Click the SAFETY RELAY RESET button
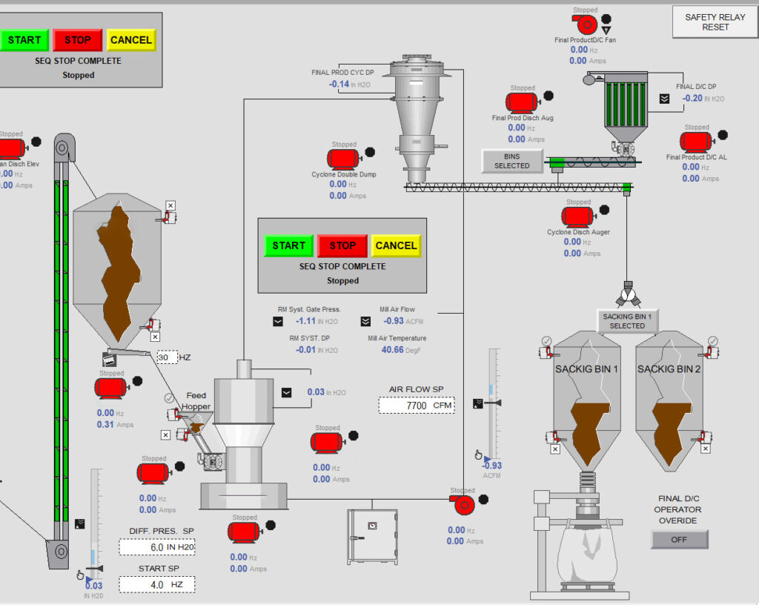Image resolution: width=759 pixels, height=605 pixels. (715, 22)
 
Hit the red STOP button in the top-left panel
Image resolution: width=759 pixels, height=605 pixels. (77, 40)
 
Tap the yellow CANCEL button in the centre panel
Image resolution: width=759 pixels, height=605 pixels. (396, 245)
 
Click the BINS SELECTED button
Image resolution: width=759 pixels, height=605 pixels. (511, 161)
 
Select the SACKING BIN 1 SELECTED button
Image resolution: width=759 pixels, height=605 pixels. (627, 321)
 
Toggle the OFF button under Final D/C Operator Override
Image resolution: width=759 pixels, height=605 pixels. (679, 540)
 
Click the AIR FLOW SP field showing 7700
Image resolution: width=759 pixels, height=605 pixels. (416, 406)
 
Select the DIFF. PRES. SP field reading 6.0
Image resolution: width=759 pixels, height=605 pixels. (156, 547)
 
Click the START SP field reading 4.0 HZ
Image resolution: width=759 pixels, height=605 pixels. (156, 584)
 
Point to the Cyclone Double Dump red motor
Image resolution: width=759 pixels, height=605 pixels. (344, 158)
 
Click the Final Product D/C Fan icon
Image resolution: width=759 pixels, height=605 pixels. (585, 24)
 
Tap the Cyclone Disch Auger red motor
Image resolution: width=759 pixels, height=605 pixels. (575, 216)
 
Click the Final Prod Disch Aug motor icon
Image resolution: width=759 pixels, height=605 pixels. (521, 102)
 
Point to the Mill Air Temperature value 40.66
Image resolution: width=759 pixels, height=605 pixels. (393, 349)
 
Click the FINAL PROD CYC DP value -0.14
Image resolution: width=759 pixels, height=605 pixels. (339, 84)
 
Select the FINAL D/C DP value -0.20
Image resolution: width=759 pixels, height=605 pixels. (692, 98)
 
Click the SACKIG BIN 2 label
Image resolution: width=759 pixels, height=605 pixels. (669, 369)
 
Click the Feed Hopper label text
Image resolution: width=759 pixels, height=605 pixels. (196, 401)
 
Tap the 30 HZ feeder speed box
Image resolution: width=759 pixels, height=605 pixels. (168, 357)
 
